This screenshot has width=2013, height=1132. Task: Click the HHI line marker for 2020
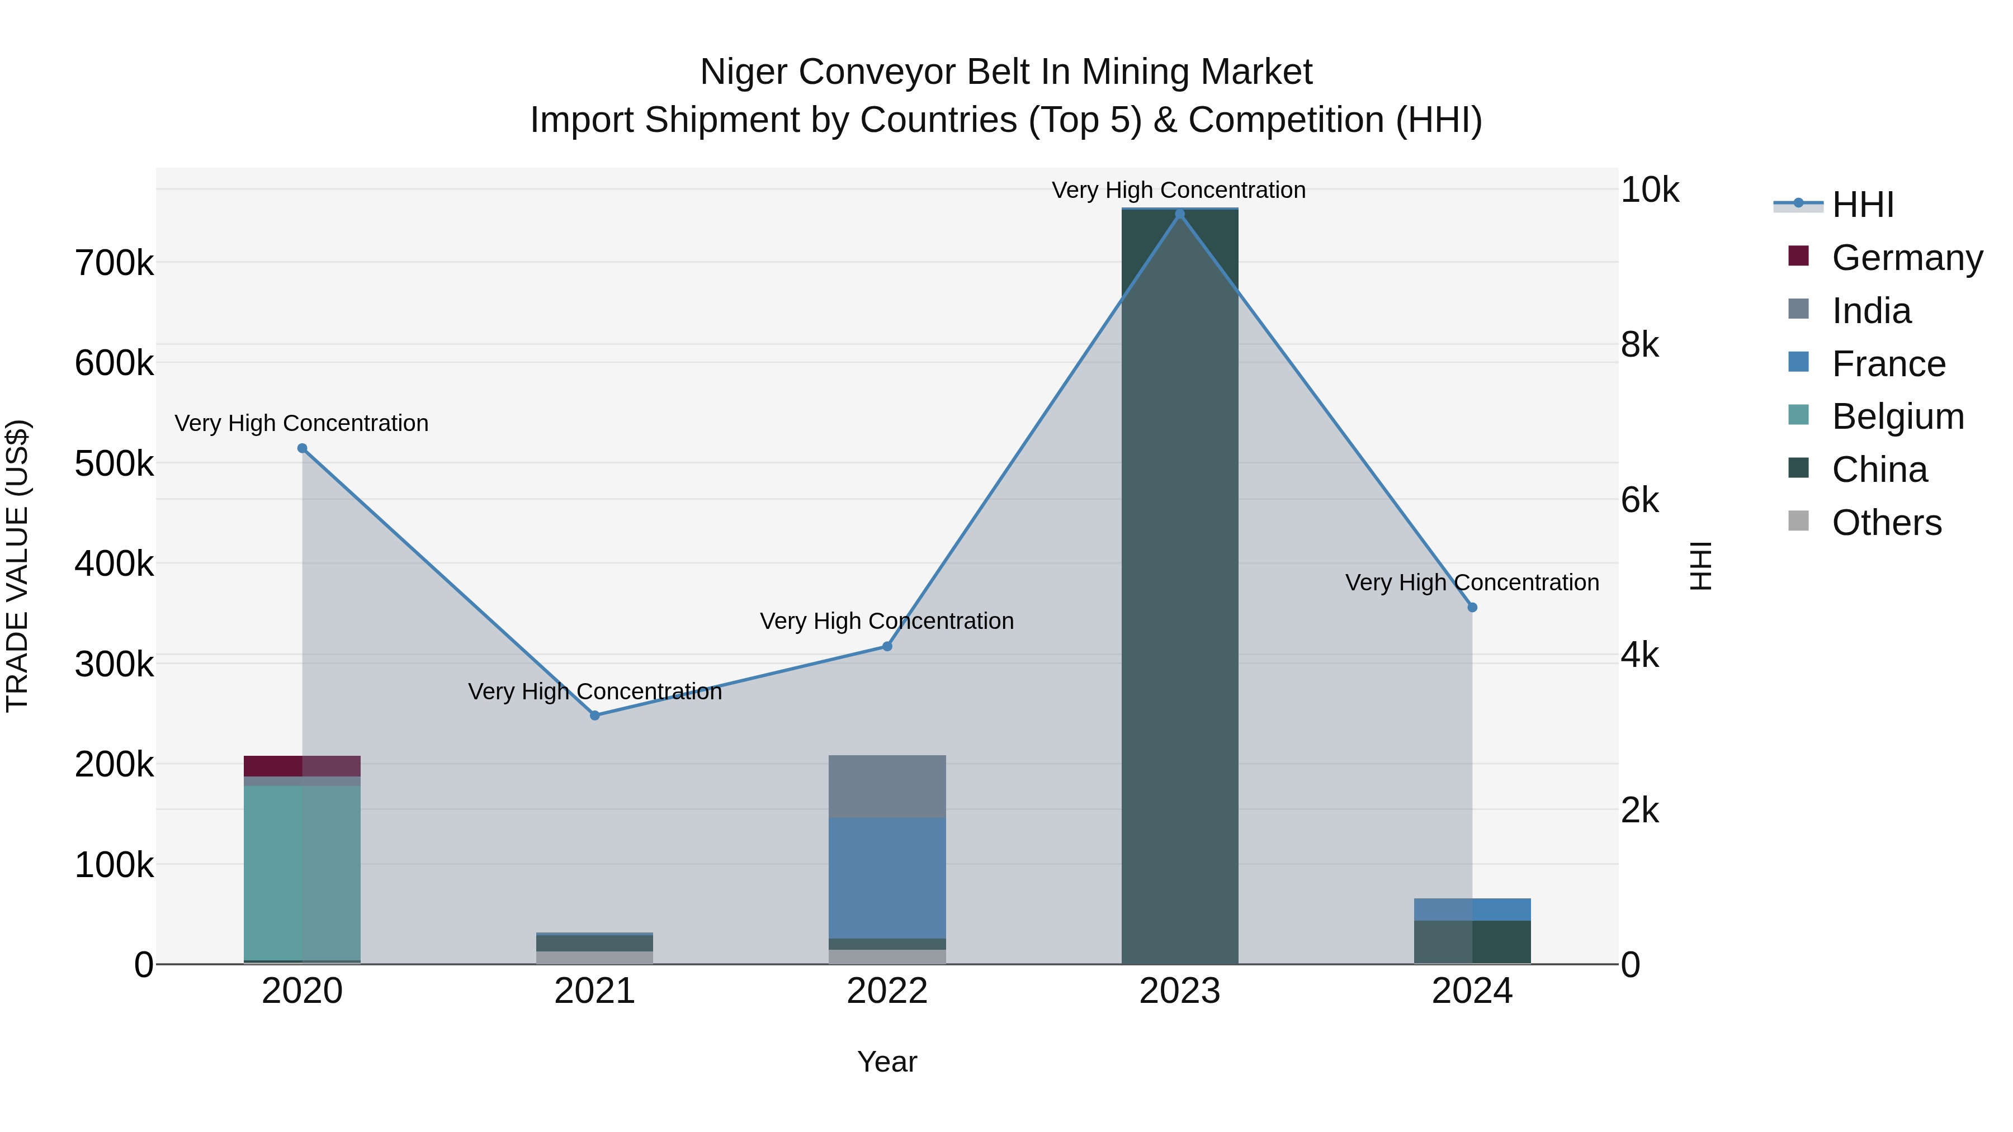tap(303, 448)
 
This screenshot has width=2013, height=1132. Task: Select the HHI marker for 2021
tap(595, 715)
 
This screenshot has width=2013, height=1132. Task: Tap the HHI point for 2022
tap(887, 646)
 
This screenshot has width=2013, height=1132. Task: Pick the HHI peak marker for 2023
tap(1180, 214)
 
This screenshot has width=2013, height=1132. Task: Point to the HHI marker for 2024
tap(1472, 607)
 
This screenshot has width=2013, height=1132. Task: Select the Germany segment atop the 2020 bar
tap(303, 766)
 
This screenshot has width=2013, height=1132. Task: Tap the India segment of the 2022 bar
tap(887, 786)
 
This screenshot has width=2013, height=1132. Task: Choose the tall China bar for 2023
tap(1180, 586)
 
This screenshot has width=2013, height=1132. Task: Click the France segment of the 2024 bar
tap(1472, 910)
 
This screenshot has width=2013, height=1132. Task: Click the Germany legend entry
tap(1907, 258)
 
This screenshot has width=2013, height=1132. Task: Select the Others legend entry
tap(1887, 523)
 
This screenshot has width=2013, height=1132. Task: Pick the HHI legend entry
tap(1863, 205)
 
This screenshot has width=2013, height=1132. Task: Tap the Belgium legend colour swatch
tap(1798, 415)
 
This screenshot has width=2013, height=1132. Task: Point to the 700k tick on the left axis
tap(114, 263)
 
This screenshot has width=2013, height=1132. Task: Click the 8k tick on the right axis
tap(1639, 344)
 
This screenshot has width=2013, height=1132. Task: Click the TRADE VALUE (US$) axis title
tap(17, 566)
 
